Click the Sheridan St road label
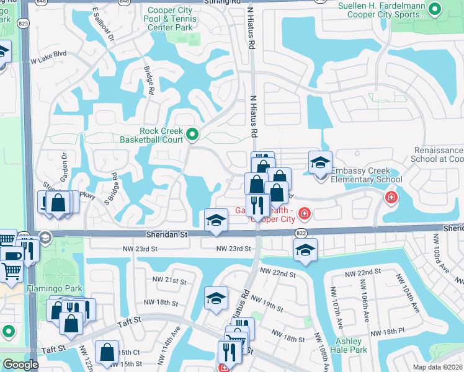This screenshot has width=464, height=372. coord(166,235)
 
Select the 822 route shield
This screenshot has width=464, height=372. coord(301,232)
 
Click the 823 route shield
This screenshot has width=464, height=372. coord(24,23)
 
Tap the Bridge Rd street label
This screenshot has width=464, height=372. coord(149,81)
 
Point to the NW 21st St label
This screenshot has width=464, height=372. coord(172,281)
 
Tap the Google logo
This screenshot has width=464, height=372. coord(20,365)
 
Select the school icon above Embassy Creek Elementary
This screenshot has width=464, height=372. coord(320,163)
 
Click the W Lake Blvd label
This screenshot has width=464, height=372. coord(48,61)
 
